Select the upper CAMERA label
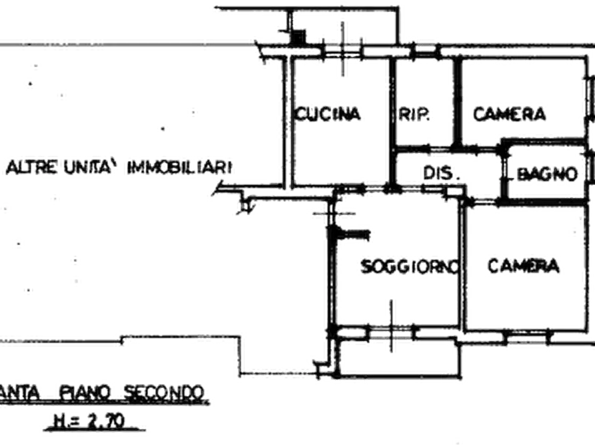(510, 114)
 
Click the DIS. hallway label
(438, 173)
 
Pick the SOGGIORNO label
(411, 266)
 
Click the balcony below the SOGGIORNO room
(400, 353)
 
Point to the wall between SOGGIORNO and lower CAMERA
(462, 266)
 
